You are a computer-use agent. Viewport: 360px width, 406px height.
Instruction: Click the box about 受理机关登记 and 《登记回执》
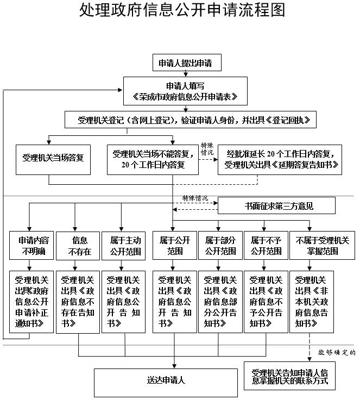click(190, 120)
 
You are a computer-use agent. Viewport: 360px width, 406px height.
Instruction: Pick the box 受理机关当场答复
click(53, 159)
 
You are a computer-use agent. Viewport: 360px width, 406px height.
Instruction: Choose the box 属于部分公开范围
click(220, 246)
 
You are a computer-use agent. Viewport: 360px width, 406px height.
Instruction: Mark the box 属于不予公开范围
click(266, 246)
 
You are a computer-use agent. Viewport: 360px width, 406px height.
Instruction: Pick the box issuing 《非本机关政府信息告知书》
click(312, 301)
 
